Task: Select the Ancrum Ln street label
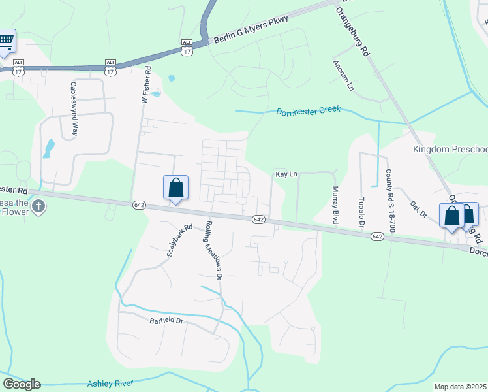tap(343, 76)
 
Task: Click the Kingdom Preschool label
tap(450, 150)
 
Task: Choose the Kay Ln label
tap(286, 174)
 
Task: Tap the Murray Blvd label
tap(335, 206)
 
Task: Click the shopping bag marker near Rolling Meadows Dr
tap(175, 188)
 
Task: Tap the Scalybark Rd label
tap(179, 241)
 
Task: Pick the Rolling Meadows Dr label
tap(215, 250)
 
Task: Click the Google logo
tap(22, 384)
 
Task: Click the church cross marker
tap(38, 207)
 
